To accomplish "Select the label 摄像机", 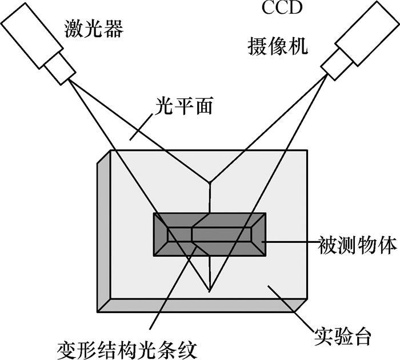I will click(278, 46).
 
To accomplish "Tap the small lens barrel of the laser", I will click(60, 67).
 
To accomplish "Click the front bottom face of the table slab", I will click(200, 306).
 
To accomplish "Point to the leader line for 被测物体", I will click(291, 242).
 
